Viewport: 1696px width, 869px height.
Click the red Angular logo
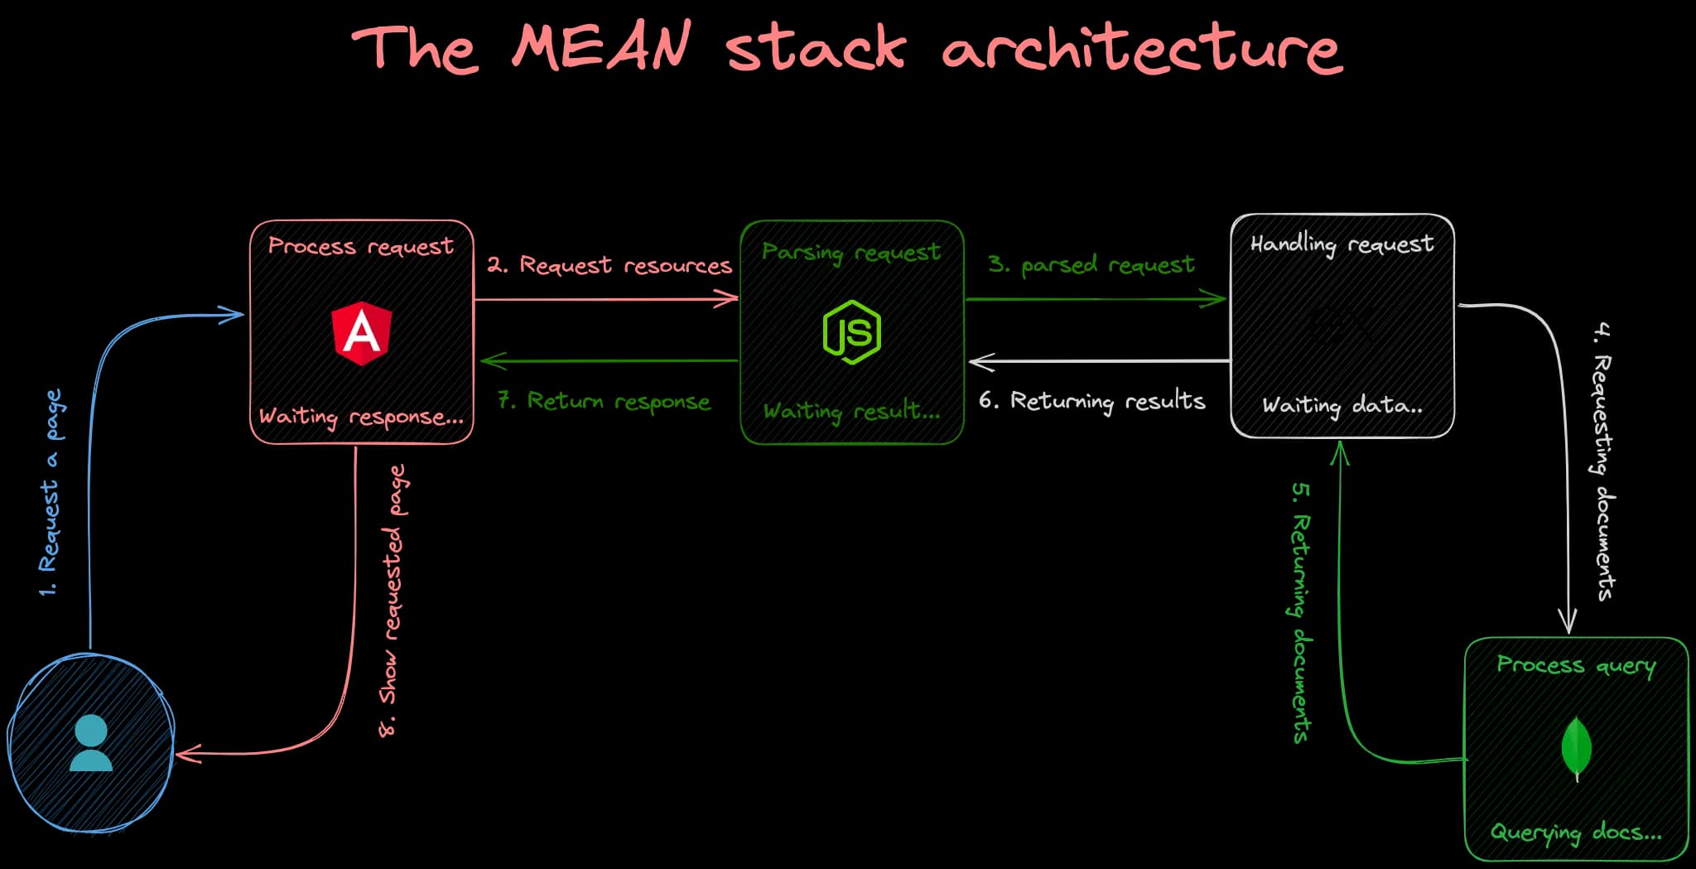tap(362, 333)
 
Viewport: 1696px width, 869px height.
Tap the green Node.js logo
tap(852, 332)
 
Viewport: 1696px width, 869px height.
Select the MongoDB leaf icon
tap(1576, 748)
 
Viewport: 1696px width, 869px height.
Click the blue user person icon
tap(91, 743)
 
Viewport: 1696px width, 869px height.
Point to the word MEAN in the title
tap(601, 46)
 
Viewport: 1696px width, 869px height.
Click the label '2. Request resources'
tap(609, 265)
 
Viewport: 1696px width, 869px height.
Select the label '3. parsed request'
tap(1091, 265)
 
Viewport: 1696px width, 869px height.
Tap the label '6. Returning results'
tap(1091, 402)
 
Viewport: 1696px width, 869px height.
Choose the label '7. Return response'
tap(604, 402)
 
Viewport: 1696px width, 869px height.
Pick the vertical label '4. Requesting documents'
tap(1603, 461)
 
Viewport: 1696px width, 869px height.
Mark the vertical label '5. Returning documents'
tap(1301, 613)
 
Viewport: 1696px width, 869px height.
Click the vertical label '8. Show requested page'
tap(393, 601)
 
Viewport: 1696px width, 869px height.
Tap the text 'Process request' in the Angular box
tap(360, 247)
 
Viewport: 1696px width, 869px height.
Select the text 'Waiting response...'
tap(361, 416)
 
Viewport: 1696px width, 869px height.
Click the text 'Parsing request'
tap(850, 252)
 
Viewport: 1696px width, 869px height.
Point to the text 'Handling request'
tap(1342, 244)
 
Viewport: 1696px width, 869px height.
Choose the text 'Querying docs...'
tap(1575, 832)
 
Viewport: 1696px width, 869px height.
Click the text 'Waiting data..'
tap(1342, 405)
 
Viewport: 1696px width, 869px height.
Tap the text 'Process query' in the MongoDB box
tap(1575, 666)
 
